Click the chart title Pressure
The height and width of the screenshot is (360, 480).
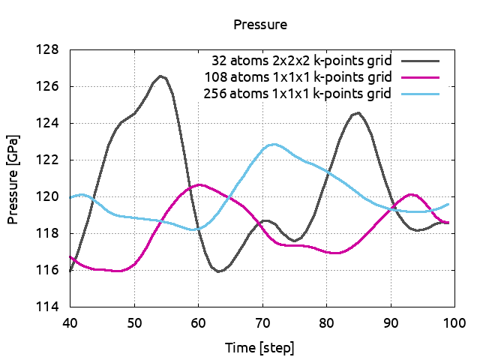(x=260, y=25)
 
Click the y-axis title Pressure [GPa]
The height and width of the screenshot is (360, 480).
(x=13, y=179)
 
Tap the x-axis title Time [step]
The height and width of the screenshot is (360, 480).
(x=259, y=348)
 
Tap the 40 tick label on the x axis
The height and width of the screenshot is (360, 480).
(x=70, y=322)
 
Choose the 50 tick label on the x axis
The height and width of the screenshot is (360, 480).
(x=134, y=322)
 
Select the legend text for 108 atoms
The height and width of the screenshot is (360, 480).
(x=298, y=76)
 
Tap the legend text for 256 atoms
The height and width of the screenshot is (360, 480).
(x=298, y=94)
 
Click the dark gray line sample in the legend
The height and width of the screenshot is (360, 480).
(x=420, y=59)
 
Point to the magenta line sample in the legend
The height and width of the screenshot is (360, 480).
(x=420, y=76)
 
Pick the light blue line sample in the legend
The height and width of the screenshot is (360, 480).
(x=420, y=94)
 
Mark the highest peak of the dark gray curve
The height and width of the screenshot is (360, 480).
(x=160, y=76)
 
